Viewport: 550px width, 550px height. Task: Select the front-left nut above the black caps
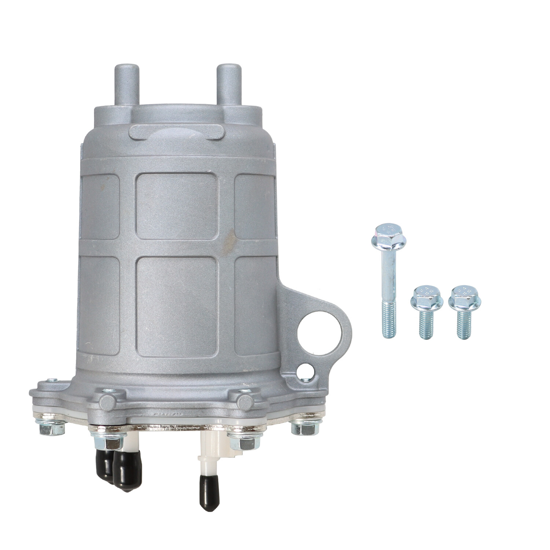[x=109, y=442]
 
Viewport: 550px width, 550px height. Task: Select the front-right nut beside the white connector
[x=242, y=442]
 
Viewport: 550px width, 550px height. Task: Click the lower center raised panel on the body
[x=177, y=307]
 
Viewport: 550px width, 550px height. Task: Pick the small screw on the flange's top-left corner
[x=52, y=380]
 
